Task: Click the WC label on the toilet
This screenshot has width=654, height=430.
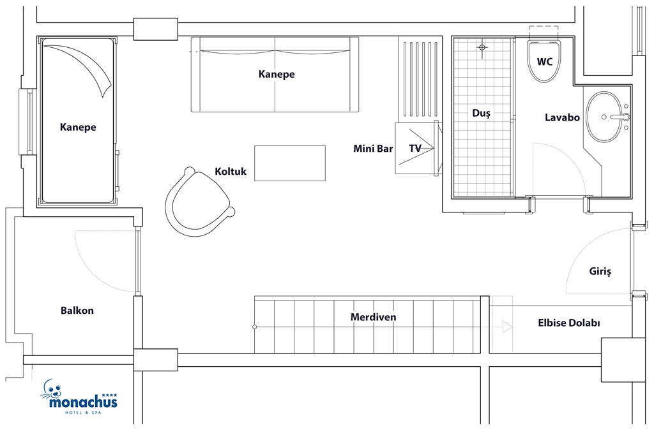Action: [x=544, y=62]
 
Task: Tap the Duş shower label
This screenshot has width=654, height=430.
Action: [x=481, y=113]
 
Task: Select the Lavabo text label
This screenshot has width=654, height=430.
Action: [x=562, y=117]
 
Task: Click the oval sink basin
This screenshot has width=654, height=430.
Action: [x=605, y=117]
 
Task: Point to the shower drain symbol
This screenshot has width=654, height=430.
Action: [x=482, y=47]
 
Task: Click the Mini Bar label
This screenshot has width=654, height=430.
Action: [x=373, y=149]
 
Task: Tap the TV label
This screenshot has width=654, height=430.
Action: [x=415, y=149]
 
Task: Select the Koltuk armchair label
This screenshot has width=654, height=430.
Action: [x=231, y=171]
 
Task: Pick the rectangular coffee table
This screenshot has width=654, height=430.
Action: [x=290, y=163]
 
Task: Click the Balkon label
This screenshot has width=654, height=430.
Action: [x=77, y=311]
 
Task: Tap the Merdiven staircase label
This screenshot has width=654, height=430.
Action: [x=373, y=317]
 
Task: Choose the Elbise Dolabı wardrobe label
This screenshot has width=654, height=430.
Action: [x=569, y=323]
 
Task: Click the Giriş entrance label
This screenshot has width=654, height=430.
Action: [x=600, y=272]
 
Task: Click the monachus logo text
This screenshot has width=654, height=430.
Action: [x=83, y=403]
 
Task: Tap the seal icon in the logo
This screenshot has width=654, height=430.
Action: [x=51, y=390]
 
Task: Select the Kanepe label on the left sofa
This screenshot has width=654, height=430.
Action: [x=78, y=127]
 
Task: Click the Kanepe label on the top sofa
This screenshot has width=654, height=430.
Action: [x=277, y=74]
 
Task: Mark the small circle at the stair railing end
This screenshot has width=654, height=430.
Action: [x=254, y=327]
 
